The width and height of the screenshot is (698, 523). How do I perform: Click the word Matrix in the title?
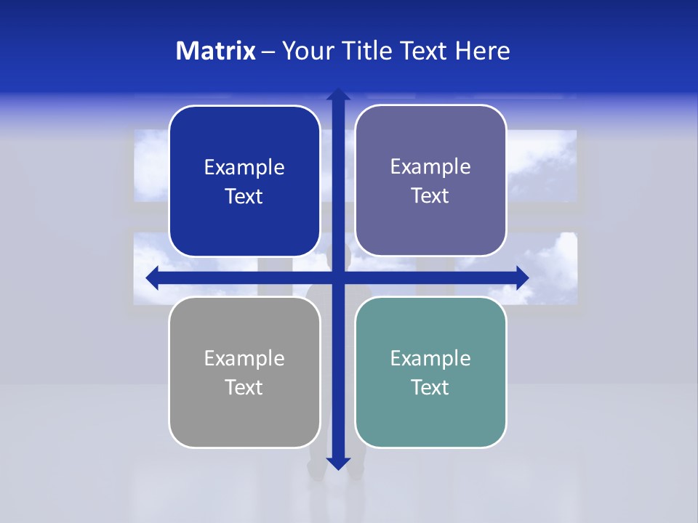coord(216,51)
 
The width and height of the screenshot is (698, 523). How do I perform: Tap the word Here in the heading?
coord(482,51)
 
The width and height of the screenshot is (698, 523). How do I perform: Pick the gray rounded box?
coord(244,421)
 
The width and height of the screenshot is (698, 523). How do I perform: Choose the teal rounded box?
coord(430,421)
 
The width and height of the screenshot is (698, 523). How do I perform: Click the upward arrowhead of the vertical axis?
coord(338,94)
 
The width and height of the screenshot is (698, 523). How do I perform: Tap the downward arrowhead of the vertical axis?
coord(338,463)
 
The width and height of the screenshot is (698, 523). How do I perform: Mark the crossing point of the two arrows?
coord(338,277)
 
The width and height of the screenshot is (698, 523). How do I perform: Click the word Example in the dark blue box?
coord(244,168)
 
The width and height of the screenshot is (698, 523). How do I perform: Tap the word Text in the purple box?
coord(430,196)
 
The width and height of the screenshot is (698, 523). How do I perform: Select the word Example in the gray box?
coord(244,358)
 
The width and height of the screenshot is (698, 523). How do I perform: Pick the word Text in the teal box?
coord(430,387)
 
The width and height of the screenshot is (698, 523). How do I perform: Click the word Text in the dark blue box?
coord(244,197)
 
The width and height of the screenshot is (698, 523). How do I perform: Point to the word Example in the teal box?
coord(430,358)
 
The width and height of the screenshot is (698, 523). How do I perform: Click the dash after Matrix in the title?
coord(268,52)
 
